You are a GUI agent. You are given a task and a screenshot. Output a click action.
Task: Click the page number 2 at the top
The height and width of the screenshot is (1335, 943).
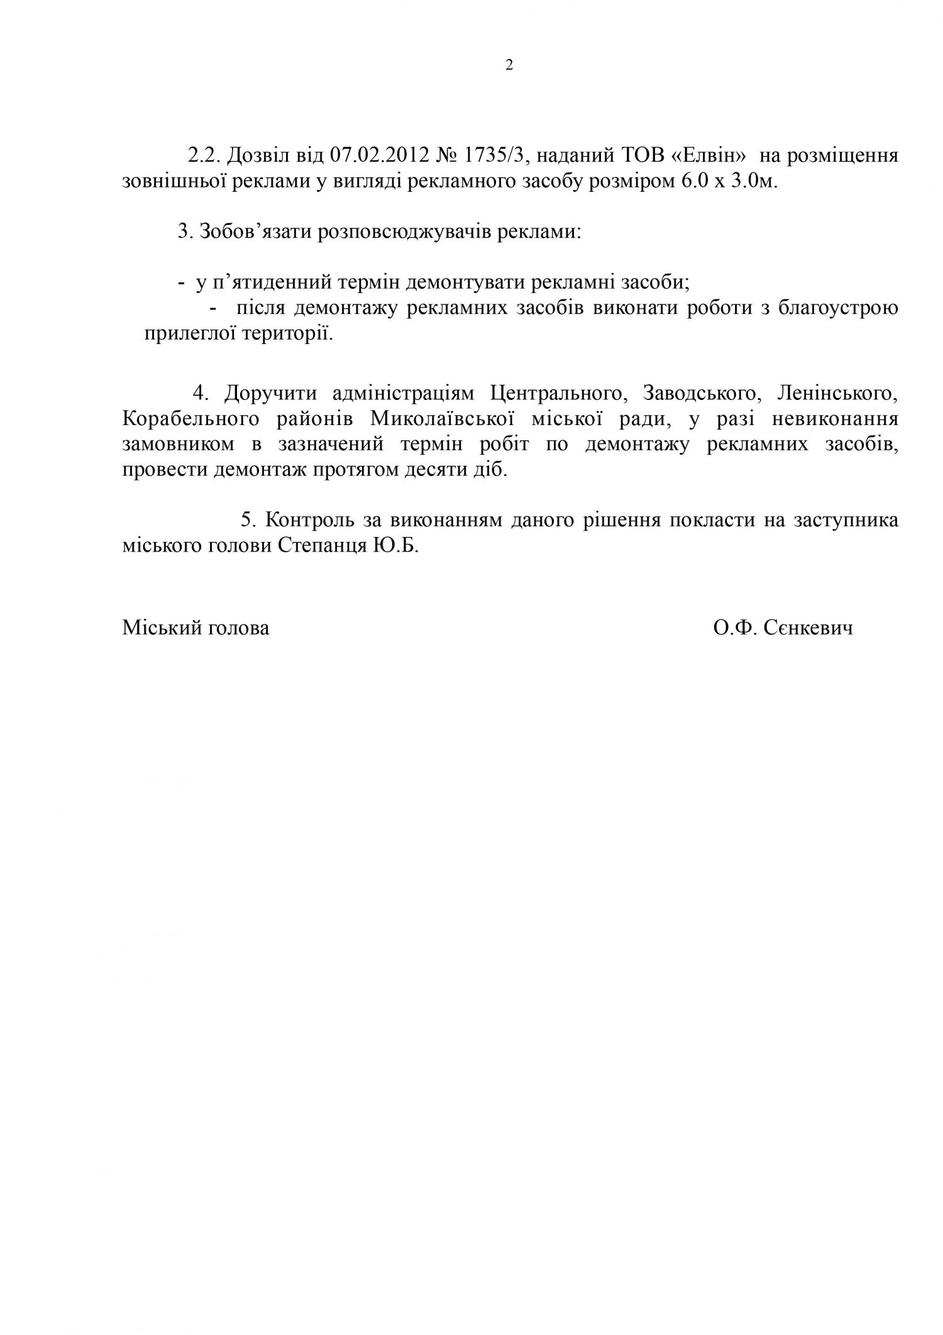(509, 65)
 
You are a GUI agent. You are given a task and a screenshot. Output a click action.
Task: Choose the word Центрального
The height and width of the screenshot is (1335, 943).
(555, 394)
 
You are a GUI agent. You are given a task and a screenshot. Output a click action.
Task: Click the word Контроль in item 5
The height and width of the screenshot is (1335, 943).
(308, 520)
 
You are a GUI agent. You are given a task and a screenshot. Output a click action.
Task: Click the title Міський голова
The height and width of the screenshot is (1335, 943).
(196, 628)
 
